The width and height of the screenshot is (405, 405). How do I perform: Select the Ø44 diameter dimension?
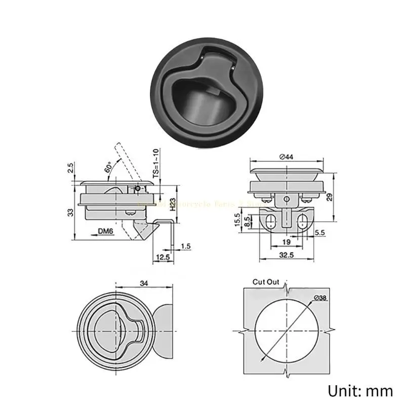287,157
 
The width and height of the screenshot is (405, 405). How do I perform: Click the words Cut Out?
266,282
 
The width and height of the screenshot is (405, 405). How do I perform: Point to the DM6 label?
105,232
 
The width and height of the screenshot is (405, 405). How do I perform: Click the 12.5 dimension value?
163,257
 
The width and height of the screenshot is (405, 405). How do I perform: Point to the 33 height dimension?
70,212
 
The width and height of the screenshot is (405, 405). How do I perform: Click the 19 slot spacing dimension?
287,242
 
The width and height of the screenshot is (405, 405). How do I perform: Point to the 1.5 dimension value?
185,246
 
